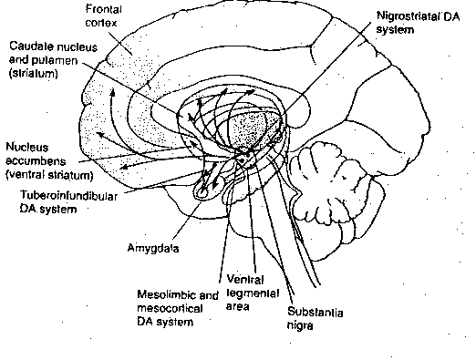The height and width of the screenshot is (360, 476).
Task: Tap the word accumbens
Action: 36,160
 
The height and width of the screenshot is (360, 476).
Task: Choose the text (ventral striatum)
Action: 52,174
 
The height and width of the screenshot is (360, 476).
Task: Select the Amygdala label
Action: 153,246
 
